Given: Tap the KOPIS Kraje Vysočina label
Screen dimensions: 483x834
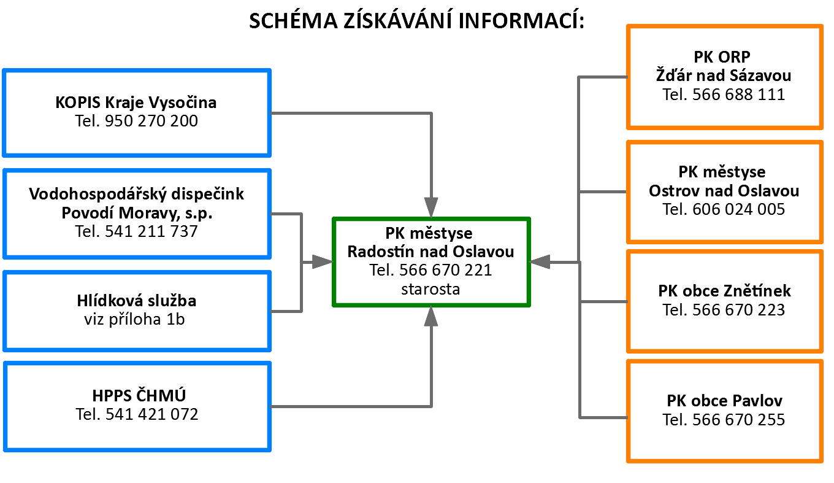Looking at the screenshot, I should point(136,102).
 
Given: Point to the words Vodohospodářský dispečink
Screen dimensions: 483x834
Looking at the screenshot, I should point(136,195).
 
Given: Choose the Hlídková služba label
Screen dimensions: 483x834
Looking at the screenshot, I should point(136,301).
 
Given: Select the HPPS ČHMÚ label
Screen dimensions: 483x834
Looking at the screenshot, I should point(136,396).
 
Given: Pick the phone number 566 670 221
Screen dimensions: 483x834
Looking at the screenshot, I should point(445,270).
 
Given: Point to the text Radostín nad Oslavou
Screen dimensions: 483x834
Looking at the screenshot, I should point(430,252).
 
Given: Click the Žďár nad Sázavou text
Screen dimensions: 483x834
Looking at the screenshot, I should point(724,75).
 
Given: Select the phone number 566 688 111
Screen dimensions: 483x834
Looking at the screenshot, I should point(738,94).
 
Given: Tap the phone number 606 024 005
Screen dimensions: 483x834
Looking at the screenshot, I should point(738,209).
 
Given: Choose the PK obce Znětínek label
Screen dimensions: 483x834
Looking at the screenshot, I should point(724,290).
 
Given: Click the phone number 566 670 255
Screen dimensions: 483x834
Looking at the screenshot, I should point(738,420).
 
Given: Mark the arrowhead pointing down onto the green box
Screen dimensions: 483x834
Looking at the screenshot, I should point(431,205).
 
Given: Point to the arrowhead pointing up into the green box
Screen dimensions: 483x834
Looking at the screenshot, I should point(431,317).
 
